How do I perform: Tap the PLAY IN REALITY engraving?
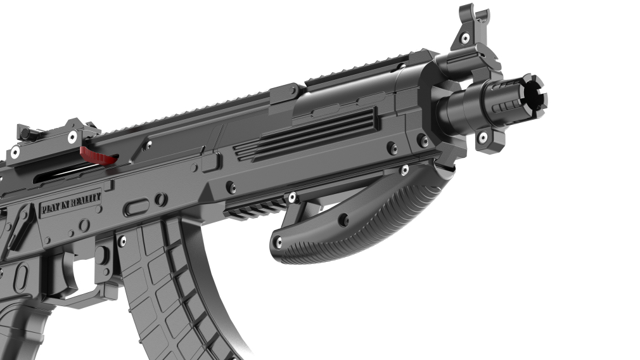tap(71, 203)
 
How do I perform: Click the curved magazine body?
tap(172, 286)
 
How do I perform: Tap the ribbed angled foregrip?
tap(359, 221)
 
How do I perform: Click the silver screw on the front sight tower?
tap(465, 39)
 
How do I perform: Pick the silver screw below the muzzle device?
tap(482, 137)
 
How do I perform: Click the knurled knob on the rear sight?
tap(25, 133)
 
